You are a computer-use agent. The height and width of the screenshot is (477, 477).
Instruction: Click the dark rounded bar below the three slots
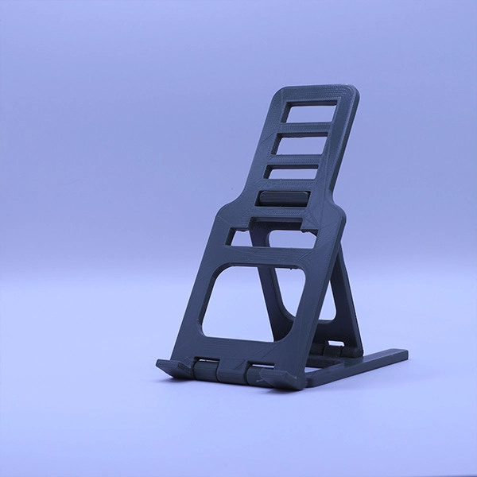click(283, 199)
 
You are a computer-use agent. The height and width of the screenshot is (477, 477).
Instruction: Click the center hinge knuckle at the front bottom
click(231, 370)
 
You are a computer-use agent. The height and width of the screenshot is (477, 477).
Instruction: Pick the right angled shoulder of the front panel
click(337, 212)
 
